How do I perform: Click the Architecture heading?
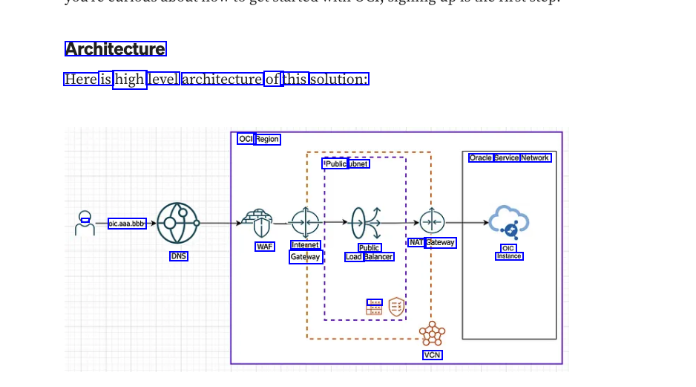pyautogui.click(x=115, y=49)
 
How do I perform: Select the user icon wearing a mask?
pyautogui.click(x=85, y=222)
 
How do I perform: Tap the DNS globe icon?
pyautogui.click(x=177, y=223)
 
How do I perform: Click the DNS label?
pyautogui.click(x=179, y=256)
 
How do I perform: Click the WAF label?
pyautogui.click(x=265, y=247)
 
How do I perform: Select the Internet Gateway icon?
pyautogui.click(x=305, y=222)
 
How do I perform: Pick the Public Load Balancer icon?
pyautogui.click(x=367, y=222)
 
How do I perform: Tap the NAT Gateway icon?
pyautogui.click(x=432, y=222)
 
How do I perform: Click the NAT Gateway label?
pyautogui.click(x=432, y=242)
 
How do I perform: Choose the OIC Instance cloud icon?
pyautogui.click(x=509, y=221)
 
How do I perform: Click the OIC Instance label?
pyautogui.click(x=509, y=253)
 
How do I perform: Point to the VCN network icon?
pyautogui.click(x=432, y=334)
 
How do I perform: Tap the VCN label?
pyautogui.click(x=433, y=355)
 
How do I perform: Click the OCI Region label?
pyautogui.click(x=259, y=139)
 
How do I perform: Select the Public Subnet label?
pyautogui.click(x=346, y=163)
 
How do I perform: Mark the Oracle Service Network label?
pyautogui.click(x=510, y=157)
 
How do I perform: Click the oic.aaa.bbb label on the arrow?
pyautogui.click(x=127, y=223)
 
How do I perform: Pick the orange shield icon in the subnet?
pyautogui.click(x=397, y=306)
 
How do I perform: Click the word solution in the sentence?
pyautogui.click(x=339, y=79)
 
